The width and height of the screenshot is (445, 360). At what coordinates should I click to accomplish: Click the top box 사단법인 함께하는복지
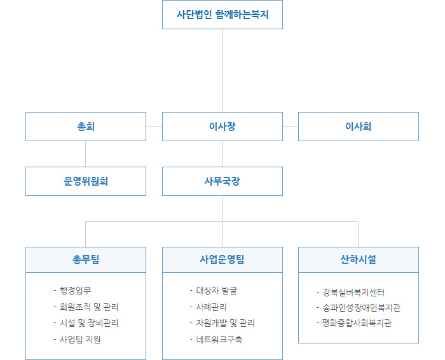click(x=222, y=15)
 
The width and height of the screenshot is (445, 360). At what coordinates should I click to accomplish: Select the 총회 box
click(x=86, y=127)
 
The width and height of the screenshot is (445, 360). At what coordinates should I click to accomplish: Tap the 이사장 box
click(x=222, y=127)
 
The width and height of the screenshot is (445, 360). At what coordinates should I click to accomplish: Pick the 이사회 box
click(x=359, y=127)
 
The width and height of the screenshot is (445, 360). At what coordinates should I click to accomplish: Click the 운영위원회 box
click(x=86, y=181)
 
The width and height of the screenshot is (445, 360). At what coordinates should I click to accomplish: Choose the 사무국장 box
click(x=222, y=181)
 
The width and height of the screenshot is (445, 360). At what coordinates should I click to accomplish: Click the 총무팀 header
click(x=86, y=260)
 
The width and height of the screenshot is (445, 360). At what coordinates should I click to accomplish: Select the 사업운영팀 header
click(x=222, y=260)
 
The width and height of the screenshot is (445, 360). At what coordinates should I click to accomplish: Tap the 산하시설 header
click(x=359, y=260)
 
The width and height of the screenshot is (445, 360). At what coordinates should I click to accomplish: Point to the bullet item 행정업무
click(x=72, y=291)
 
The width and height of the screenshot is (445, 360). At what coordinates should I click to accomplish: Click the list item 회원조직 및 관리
click(x=86, y=307)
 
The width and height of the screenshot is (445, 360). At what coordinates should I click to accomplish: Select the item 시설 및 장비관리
click(x=86, y=323)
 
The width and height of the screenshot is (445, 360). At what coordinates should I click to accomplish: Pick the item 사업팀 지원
click(x=77, y=340)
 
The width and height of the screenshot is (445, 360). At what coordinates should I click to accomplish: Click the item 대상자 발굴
click(x=214, y=291)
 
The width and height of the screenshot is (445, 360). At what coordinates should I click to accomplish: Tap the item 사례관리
click(x=209, y=307)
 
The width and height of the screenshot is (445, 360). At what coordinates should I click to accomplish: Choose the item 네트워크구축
click(x=216, y=340)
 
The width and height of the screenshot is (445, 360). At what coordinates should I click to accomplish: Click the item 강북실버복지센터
click(x=350, y=293)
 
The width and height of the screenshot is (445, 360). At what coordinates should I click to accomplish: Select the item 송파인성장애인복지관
click(x=359, y=308)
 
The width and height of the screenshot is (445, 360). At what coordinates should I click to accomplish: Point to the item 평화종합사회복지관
click(x=354, y=323)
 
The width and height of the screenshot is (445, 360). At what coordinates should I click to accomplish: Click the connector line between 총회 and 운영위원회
click(x=85, y=154)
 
